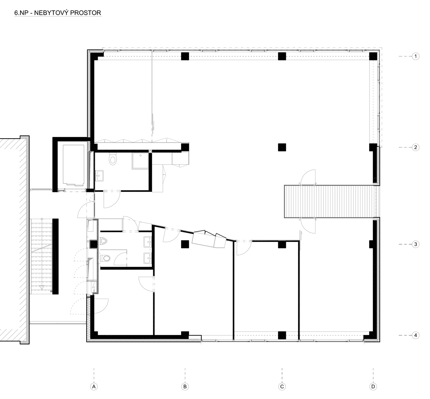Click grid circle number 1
[x=416, y=56]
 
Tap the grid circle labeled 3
[x=416, y=244]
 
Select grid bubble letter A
[x=94, y=387]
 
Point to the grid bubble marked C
[x=282, y=387]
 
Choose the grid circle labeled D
[x=373, y=387]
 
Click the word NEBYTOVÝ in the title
[x=51, y=13]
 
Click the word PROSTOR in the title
[x=86, y=13]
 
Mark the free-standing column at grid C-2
[x=282, y=147]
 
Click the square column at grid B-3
[x=185, y=244]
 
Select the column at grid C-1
[x=282, y=56]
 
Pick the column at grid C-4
[x=282, y=335]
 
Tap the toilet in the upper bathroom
[x=113, y=159]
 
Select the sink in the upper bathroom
[x=100, y=176]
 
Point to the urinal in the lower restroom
[x=103, y=241]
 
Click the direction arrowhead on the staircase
[x=42, y=288]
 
